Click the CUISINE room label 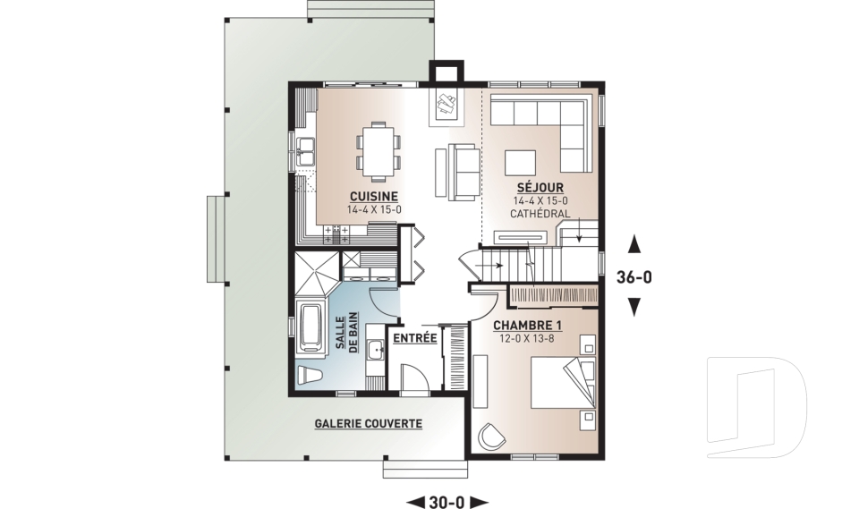pyautogui.click(x=374, y=196)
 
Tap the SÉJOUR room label pyautogui.click(x=540, y=188)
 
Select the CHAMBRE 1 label pyautogui.click(x=528, y=326)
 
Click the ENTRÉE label pyautogui.click(x=415, y=337)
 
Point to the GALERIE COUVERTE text pyautogui.click(x=368, y=423)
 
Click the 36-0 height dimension pyautogui.click(x=634, y=277)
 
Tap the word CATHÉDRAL pyautogui.click(x=540, y=214)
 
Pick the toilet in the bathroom pyautogui.click(x=310, y=376)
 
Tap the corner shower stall pyautogui.click(x=317, y=272)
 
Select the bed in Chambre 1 pyautogui.click(x=563, y=383)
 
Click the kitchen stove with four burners pyautogui.click(x=336, y=234)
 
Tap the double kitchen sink pyautogui.click(x=305, y=152)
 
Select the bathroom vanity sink pyautogui.click(x=376, y=349)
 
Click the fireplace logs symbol pyautogui.click(x=446, y=103)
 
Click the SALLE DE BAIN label pyautogui.click(x=346, y=332)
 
